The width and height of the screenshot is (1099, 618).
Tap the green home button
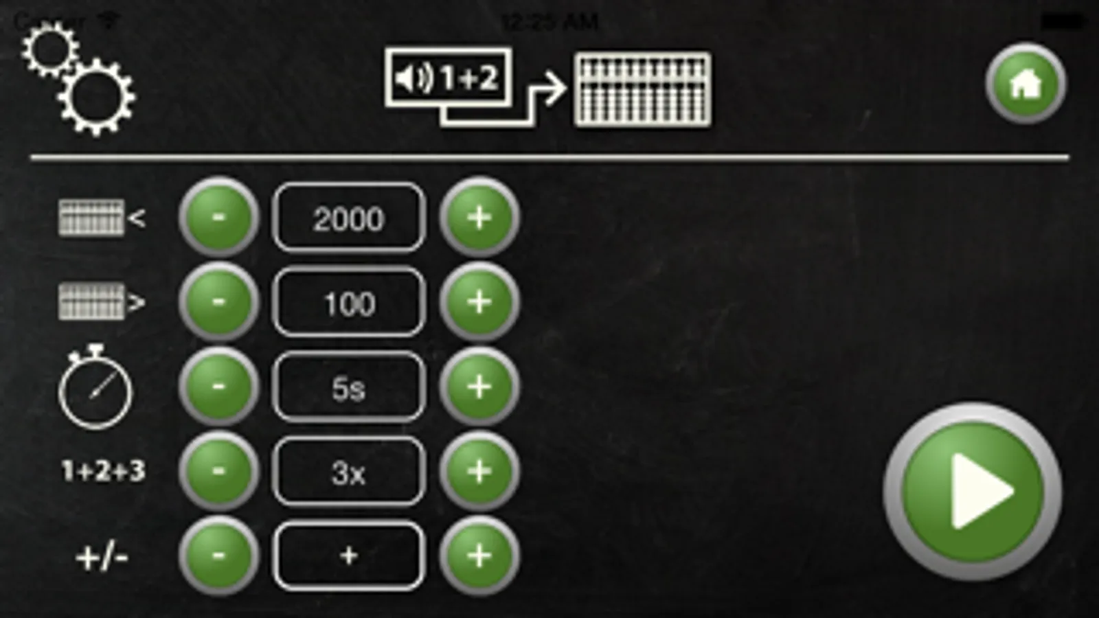point(1026,84)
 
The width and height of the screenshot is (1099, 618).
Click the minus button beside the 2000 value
point(218,218)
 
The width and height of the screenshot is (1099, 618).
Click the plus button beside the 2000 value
point(479,218)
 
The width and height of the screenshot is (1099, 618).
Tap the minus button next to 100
point(218,302)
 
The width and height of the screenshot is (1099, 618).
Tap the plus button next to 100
point(479,302)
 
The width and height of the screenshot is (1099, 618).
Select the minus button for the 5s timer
point(218,387)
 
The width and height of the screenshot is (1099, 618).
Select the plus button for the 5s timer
point(479,387)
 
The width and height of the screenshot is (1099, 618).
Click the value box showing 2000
point(349,218)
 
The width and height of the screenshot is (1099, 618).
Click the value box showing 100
point(349,303)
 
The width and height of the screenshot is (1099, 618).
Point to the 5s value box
point(349,388)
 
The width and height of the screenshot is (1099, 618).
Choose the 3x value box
point(349,472)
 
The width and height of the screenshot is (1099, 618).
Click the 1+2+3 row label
point(103,471)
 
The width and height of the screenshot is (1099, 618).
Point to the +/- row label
point(102,557)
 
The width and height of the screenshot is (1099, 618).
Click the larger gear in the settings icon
point(96,96)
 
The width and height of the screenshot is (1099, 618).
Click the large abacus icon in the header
point(642,89)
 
